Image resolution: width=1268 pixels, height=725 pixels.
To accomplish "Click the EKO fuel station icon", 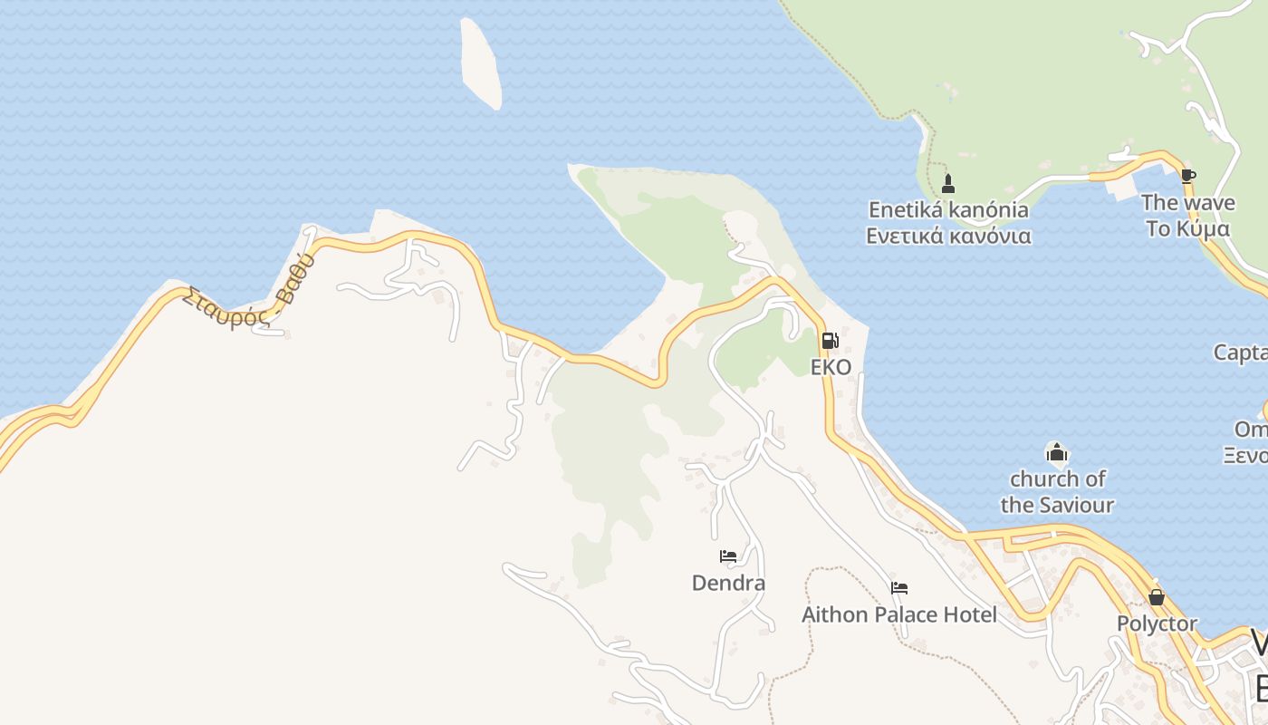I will (x=830, y=342).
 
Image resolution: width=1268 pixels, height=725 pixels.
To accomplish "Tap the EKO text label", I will (x=831, y=368).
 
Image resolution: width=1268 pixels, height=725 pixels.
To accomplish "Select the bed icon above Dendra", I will (x=728, y=556).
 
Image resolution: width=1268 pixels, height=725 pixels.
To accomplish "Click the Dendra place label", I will (x=728, y=584).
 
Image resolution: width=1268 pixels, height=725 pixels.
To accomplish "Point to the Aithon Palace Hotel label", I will (x=898, y=615).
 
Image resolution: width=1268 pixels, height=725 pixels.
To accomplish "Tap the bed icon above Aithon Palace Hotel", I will (x=899, y=588).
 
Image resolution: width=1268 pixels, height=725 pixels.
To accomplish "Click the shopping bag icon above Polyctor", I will (x=1157, y=597).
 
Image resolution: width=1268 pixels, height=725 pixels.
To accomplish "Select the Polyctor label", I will (x=1157, y=624).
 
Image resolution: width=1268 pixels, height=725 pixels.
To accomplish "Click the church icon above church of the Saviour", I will (x=1056, y=451).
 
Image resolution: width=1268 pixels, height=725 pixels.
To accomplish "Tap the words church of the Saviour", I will (x=1057, y=491).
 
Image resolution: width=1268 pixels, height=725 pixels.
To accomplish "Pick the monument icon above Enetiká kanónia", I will (x=948, y=184).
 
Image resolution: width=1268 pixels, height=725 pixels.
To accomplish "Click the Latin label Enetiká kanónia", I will (x=948, y=210).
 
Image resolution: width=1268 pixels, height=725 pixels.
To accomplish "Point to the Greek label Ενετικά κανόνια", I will (x=948, y=237).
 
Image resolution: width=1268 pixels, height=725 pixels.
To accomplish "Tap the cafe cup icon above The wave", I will (x=1187, y=176).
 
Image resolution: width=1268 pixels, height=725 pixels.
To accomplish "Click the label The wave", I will (x=1187, y=203).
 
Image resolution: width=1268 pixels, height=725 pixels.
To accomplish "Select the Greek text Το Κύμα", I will (x=1187, y=228).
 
